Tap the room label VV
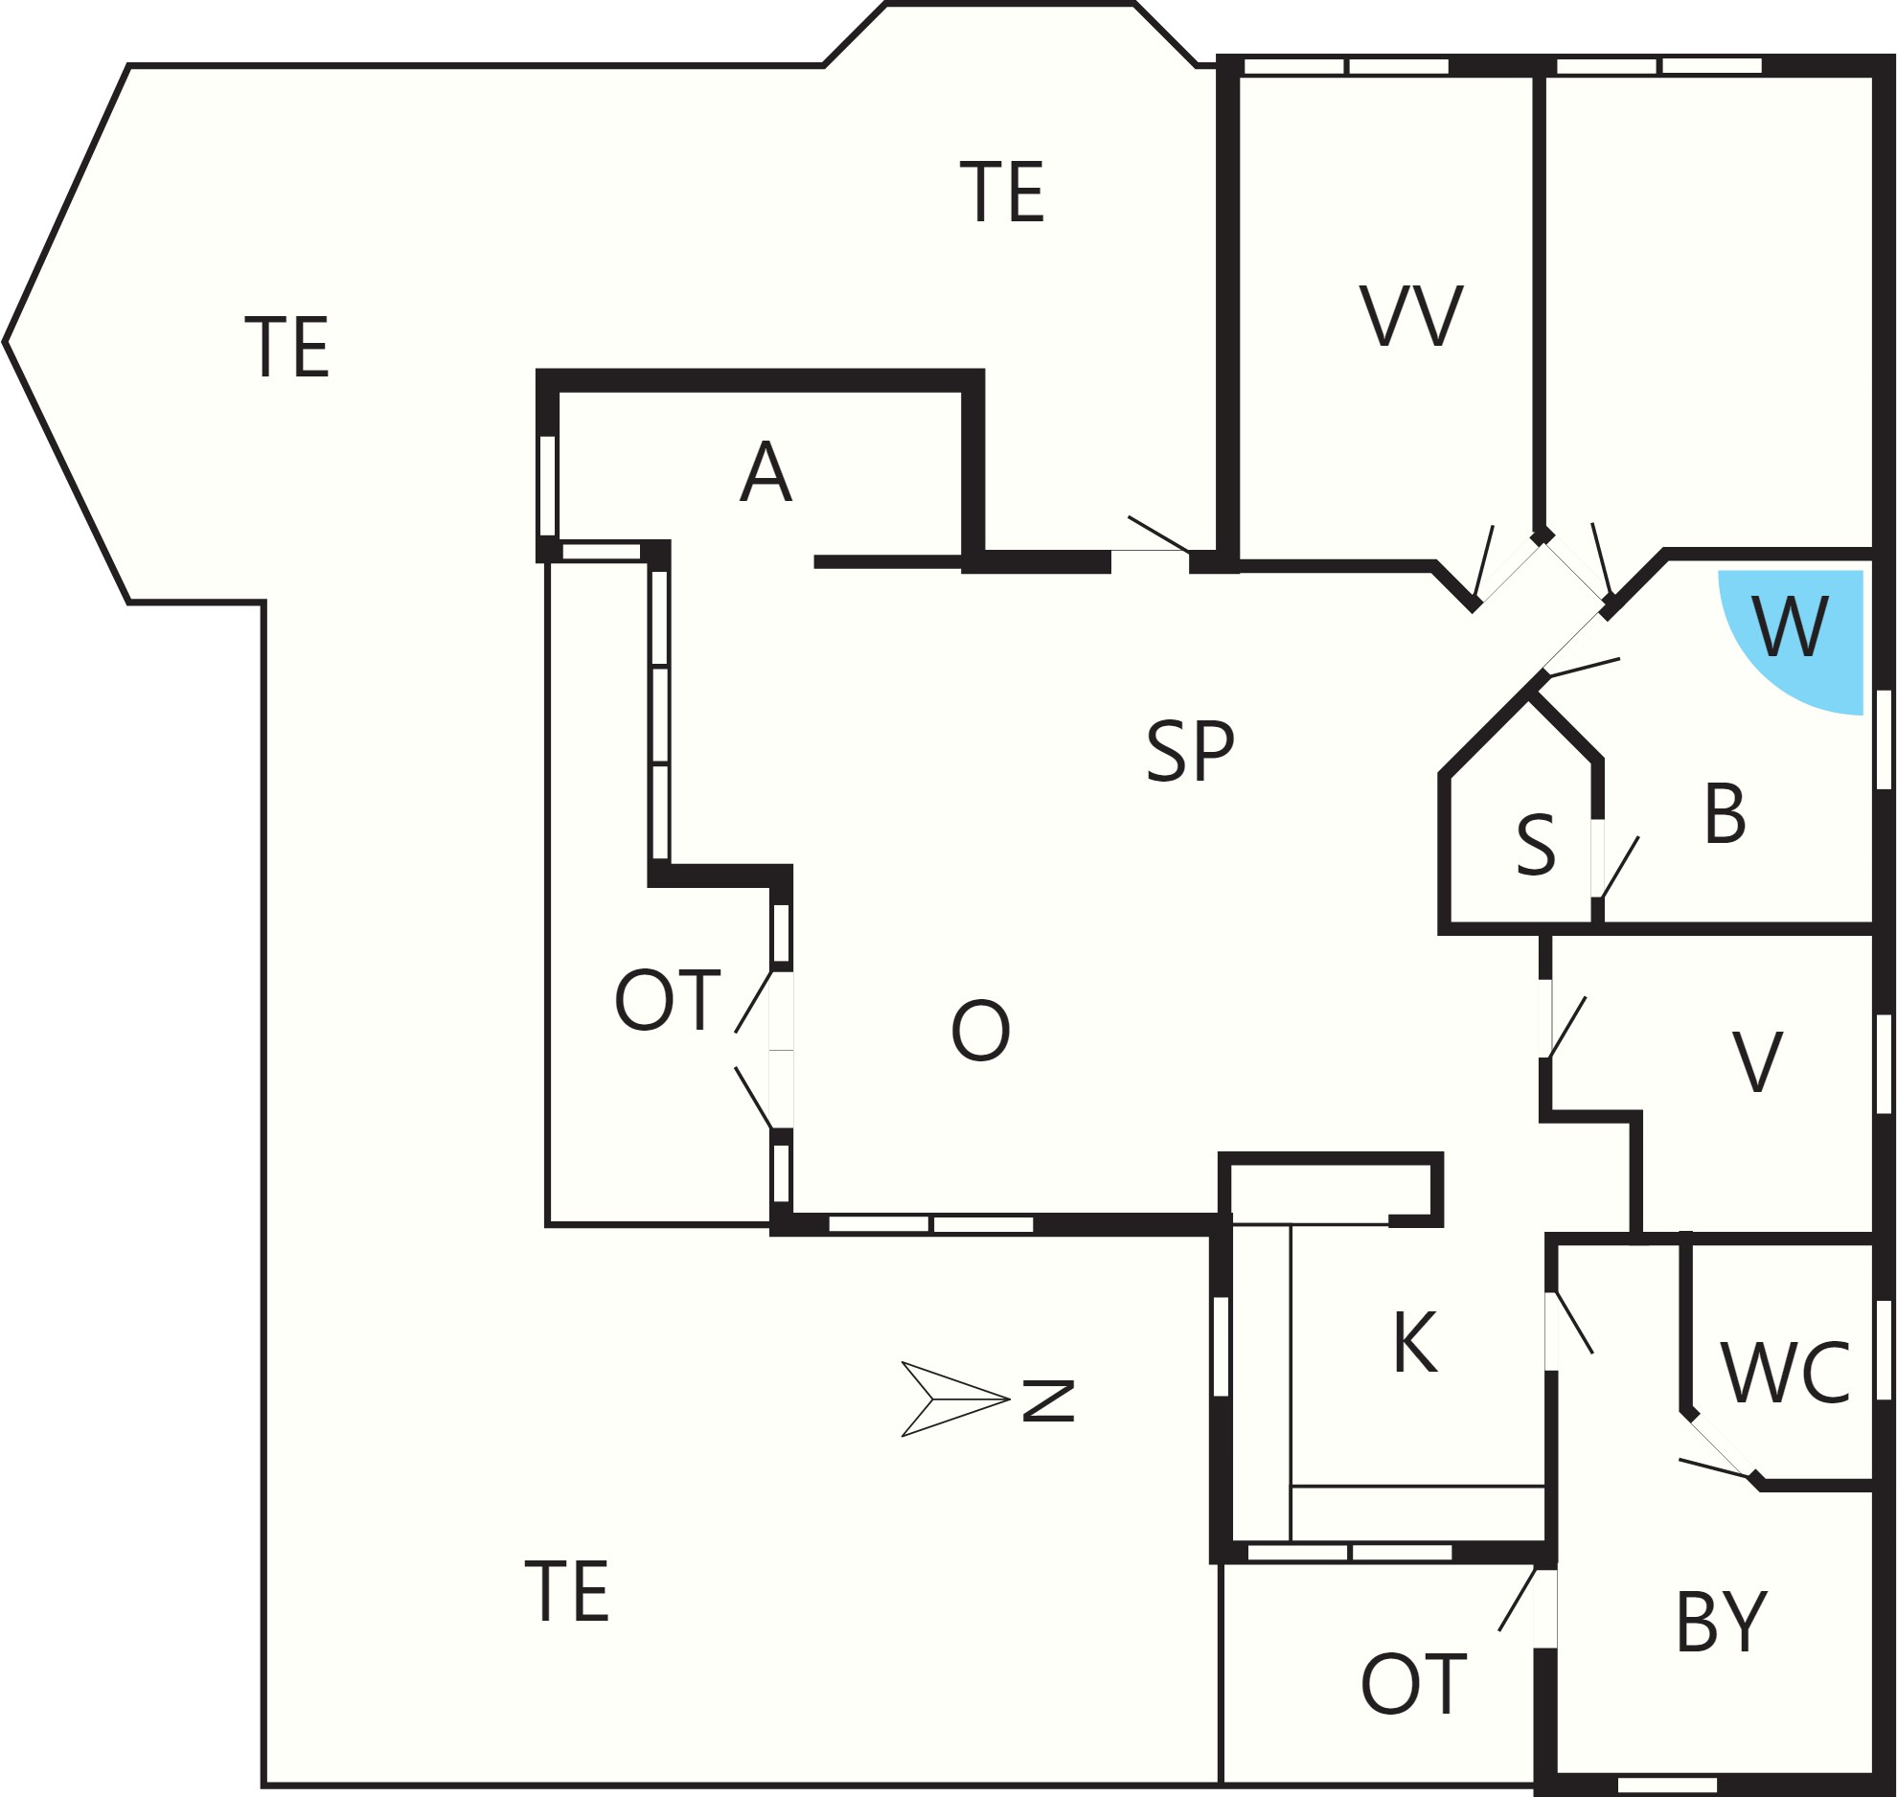(x=1411, y=316)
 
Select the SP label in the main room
(x=1190, y=751)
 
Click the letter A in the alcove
(x=766, y=471)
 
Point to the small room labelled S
(x=1536, y=845)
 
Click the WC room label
(x=1785, y=1373)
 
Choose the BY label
(x=1721, y=1622)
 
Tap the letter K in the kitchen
(x=1415, y=1342)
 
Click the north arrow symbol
(x=955, y=1399)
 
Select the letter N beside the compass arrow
(x=1049, y=1400)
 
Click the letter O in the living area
(x=980, y=1030)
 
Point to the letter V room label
(x=1757, y=1061)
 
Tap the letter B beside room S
(x=1726, y=813)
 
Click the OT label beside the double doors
(x=667, y=999)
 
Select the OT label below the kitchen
(x=1413, y=1684)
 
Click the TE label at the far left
(x=287, y=347)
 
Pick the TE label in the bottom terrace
(x=567, y=1591)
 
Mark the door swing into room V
(x=1568, y=1028)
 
